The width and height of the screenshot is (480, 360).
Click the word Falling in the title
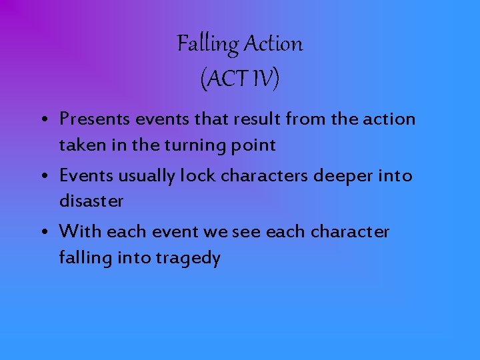tap(207, 45)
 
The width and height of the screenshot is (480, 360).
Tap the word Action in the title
tap(273, 45)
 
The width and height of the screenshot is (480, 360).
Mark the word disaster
tap(91, 201)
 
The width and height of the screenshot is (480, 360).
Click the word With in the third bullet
tap(80, 231)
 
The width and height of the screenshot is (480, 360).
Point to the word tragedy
tap(189, 259)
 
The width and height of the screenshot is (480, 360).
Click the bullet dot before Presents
tap(42, 121)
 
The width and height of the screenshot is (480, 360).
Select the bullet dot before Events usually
tap(42, 177)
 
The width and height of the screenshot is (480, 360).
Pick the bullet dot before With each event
tap(42, 233)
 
